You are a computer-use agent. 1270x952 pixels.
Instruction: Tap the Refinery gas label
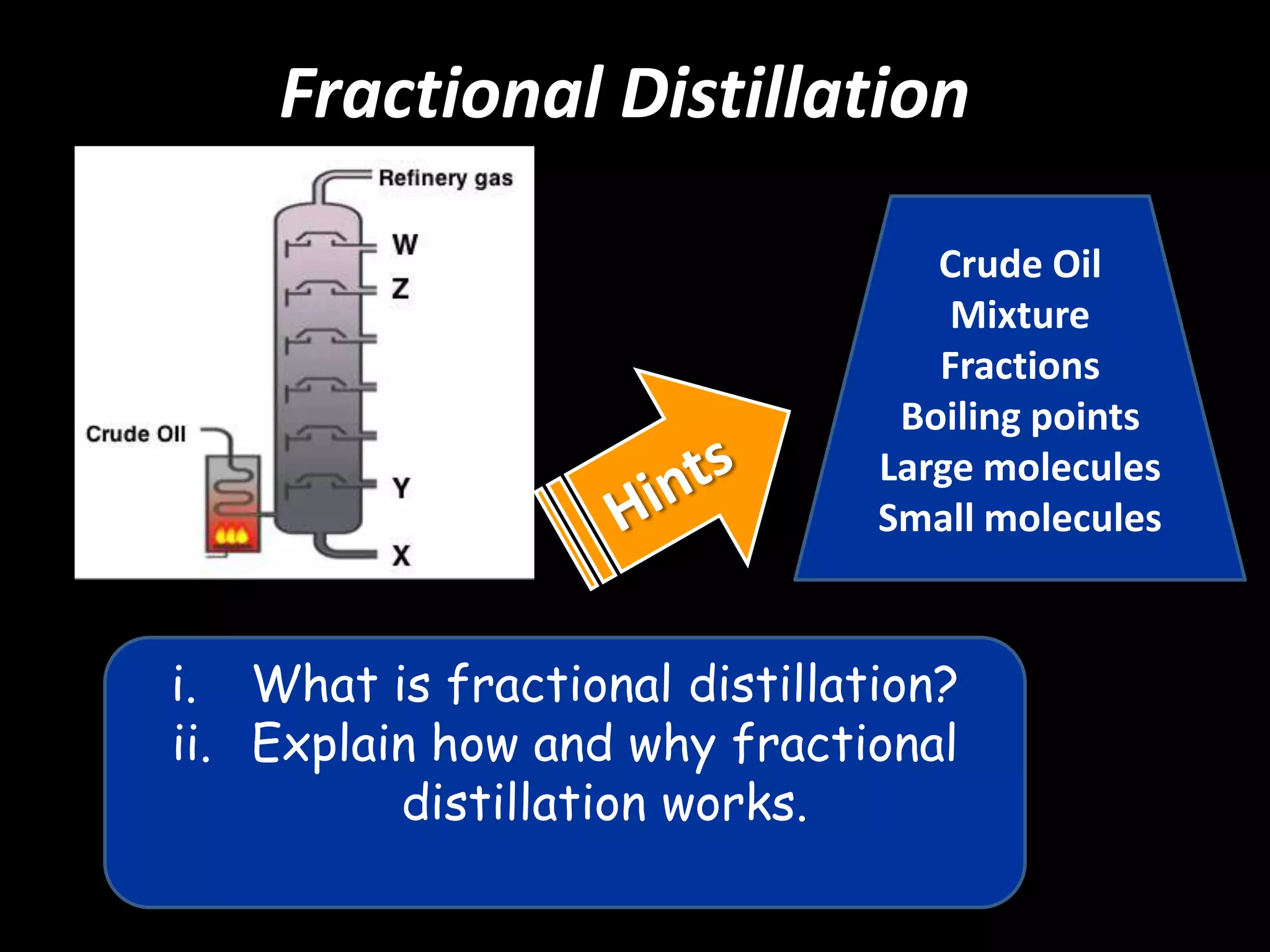pyautogui.click(x=445, y=178)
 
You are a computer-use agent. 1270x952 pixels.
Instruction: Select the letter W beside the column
pyautogui.click(x=405, y=244)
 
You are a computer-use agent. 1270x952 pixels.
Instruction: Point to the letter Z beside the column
pyautogui.click(x=401, y=289)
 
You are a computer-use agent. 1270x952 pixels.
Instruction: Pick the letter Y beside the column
pyautogui.click(x=401, y=488)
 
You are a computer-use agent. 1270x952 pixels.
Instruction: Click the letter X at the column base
pyautogui.click(x=401, y=555)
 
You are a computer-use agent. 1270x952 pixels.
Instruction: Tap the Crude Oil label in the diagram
pyautogui.click(x=136, y=434)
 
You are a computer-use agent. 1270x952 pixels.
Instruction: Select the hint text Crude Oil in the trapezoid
pyautogui.click(x=1019, y=264)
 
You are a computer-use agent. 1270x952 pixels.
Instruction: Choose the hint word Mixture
pyautogui.click(x=1019, y=315)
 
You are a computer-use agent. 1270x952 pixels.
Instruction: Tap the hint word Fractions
pyautogui.click(x=1019, y=366)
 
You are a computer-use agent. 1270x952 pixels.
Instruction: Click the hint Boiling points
pyautogui.click(x=1019, y=416)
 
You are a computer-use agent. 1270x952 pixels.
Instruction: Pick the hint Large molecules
pyautogui.click(x=1019, y=467)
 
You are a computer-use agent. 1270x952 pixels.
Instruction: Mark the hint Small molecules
pyautogui.click(x=1019, y=518)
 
